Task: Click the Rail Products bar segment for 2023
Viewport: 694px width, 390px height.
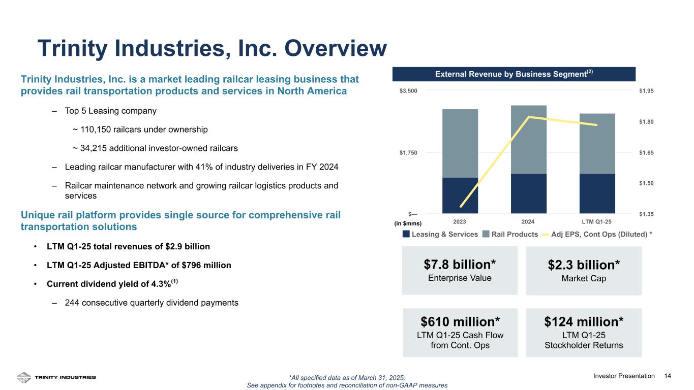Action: tap(460, 143)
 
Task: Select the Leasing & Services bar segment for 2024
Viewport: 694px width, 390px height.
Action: tap(528, 193)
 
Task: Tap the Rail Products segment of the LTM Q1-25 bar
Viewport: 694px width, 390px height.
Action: tap(597, 144)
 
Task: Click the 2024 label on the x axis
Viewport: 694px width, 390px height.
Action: tap(528, 222)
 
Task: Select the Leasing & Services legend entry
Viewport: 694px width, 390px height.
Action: tap(440, 234)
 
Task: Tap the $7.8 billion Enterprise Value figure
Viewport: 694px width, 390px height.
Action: tap(460, 265)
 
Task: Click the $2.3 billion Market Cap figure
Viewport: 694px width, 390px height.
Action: tap(584, 265)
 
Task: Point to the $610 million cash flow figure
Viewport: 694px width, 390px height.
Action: tap(460, 321)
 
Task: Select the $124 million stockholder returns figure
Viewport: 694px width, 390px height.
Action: tap(584, 321)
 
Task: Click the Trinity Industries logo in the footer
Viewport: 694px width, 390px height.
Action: tap(56, 377)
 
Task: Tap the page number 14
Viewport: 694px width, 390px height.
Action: tap(668, 376)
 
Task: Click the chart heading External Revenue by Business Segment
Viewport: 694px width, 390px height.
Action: tap(514, 74)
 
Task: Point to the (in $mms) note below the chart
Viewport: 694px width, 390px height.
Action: tap(408, 223)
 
